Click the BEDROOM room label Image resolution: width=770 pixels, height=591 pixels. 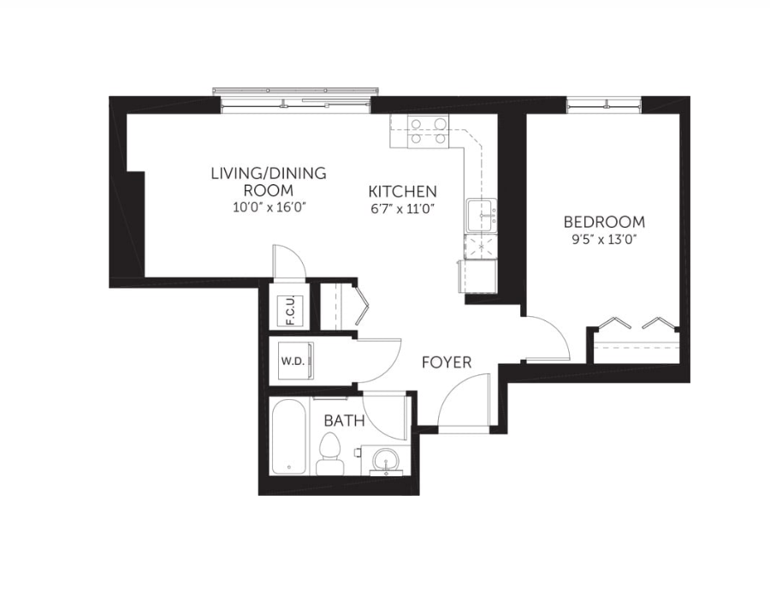point(604,222)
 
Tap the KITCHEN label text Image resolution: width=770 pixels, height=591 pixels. point(403,191)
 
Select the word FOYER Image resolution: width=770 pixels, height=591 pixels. point(447,362)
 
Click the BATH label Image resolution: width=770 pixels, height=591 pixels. point(344,421)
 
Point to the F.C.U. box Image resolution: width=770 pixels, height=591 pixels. point(290,311)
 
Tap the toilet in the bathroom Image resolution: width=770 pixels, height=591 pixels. point(329,454)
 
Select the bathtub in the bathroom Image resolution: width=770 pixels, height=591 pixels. point(289,437)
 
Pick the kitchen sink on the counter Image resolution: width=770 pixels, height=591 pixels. point(482,215)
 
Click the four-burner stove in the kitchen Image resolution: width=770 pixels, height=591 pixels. point(429,131)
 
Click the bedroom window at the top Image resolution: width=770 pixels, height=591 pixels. point(604,104)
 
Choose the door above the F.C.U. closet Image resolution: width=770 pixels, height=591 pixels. point(290,261)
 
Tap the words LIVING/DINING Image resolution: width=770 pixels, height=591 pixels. point(269,174)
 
